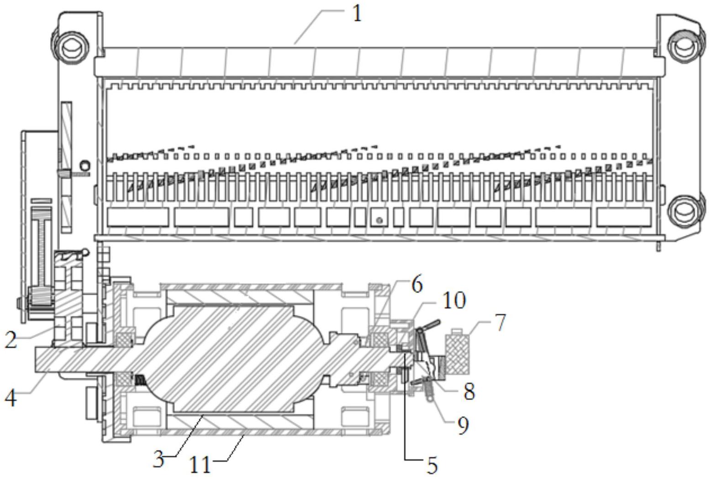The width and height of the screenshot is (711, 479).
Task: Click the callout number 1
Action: pyautogui.click(x=357, y=14)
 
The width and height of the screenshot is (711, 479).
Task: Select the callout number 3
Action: pyautogui.click(x=158, y=459)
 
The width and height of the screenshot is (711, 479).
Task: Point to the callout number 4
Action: pyautogui.click(x=11, y=398)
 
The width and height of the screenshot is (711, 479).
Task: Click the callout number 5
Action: pyautogui.click(x=432, y=465)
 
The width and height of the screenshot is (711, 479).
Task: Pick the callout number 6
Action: pyautogui.click(x=416, y=284)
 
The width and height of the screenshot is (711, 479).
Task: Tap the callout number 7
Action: pyautogui.click(x=500, y=322)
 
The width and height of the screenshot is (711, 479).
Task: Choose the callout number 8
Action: pyautogui.click(x=469, y=391)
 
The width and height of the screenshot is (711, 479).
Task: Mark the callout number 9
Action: pyautogui.click(x=463, y=426)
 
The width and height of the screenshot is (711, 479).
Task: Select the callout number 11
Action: pyautogui.click(x=201, y=465)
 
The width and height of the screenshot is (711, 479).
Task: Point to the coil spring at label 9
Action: pyautogui.click(x=429, y=390)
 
